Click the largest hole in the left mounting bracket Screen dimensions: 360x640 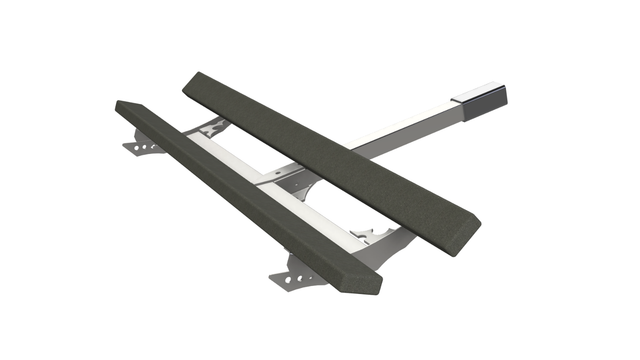140,148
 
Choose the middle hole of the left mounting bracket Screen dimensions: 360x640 149,149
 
